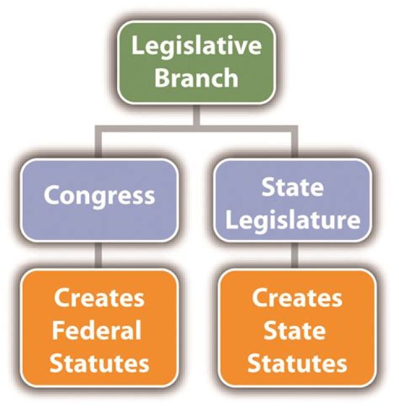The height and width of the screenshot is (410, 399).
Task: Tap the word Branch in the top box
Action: pyautogui.click(x=196, y=78)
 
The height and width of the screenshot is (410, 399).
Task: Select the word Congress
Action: pyautogui.click(x=99, y=197)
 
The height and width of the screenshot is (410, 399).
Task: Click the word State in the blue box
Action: pyautogui.click(x=293, y=187)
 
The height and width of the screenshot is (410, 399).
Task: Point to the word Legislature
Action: pyautogui.click(x=293, y=220)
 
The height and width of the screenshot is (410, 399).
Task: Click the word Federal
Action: pyautogui.click(x=97, y=330)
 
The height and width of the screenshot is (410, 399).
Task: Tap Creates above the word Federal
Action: pyautogui.click(x=99, y=298)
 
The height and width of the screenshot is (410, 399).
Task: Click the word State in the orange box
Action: pyautogui.click(x=295, y=330)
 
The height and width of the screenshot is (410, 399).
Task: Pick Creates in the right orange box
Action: pyautogui.click(x=297, y=298)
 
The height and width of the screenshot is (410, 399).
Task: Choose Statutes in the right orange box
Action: pyautogui.click(x=297, y=363)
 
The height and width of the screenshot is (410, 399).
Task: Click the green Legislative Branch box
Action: pyautogui.click(x=196, y=62)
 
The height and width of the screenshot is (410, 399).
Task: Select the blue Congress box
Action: pyautogui.click(x=99, y=200)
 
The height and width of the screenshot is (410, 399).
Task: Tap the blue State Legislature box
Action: pyautogui.click(x=293, y=200)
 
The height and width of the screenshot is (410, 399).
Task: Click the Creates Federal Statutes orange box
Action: pyautogui.click(x=99, y=327)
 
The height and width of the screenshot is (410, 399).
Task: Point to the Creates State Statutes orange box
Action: pyautogui.click(x=297, y=327)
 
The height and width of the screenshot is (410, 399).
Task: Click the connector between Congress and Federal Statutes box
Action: pyautogui.click(x=98, y=255)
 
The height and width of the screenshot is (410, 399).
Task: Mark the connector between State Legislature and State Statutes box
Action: pyautogui.click(x=295, y=255)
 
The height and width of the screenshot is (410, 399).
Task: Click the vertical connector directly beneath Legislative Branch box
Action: pyautogui.click(x=196, y=115)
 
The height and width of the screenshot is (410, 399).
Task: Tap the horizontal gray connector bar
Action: pyautogui.click(x=196, y=129)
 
